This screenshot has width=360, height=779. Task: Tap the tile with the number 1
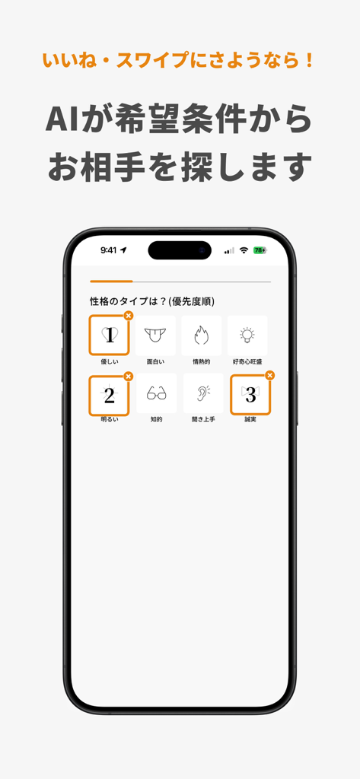tap(109, 335)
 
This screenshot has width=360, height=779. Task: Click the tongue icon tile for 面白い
tap(155, 335)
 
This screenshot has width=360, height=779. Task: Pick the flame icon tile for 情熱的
tap(202, 335)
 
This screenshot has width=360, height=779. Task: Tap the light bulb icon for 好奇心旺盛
tap(247, 335)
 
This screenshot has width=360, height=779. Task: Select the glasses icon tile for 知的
tap(155, 393)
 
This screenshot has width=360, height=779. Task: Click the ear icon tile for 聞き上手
tap(202, 393)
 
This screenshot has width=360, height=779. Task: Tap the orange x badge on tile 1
tap(128, 316)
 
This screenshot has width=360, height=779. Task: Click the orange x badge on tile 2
tap(128, 376)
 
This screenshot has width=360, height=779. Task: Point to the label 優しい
tap(109, 361)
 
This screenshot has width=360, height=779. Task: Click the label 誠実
tap(250, 419)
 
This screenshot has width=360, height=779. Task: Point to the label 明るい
tap(109, 419)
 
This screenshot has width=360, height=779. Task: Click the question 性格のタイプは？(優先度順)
tap(151, 301)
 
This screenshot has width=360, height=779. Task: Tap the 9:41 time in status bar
tap(109, 250)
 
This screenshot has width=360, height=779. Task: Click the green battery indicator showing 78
tap(260, 250)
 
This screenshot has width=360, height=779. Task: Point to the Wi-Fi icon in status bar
tap(244, 250)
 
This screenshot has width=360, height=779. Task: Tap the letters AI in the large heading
tap(64, 120)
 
